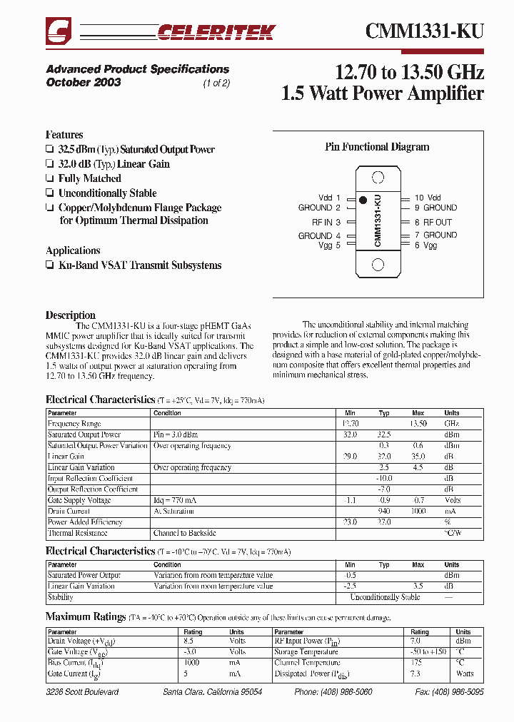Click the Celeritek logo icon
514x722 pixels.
coord(59,32)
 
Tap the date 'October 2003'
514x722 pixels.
coord(84,82)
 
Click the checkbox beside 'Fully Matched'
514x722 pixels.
coord(49,178)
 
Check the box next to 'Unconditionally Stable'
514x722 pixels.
coord(49,193)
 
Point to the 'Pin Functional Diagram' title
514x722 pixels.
coord(377,147)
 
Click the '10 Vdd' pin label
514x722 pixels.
coord(428,198)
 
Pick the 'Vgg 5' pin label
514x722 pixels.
coord(329,245)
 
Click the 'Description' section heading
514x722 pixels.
coord(71,315)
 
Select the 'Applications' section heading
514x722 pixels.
coord(73,250)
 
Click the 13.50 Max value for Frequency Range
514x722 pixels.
coord(418,424)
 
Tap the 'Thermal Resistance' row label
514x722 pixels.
coord(78,533)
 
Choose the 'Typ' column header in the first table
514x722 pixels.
coord(384,413)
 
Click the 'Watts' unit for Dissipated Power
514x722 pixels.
coord(464,673)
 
